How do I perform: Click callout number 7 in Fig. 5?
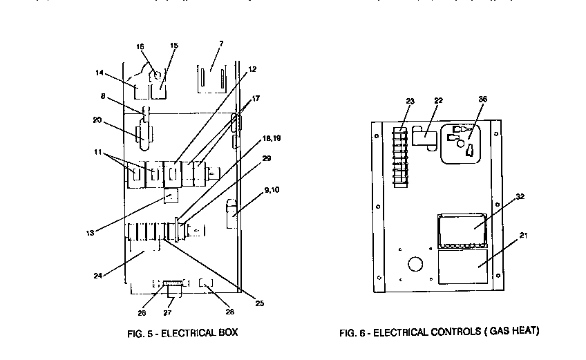[220, 44]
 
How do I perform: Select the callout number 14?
[100, 71]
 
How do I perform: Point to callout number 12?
[252, 69]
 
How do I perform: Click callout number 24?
[99, 276]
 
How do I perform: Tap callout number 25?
[259, 302]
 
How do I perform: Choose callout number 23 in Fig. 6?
[410, 102]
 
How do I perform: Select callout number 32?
[519, 197]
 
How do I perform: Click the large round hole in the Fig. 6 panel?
[416, 264]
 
